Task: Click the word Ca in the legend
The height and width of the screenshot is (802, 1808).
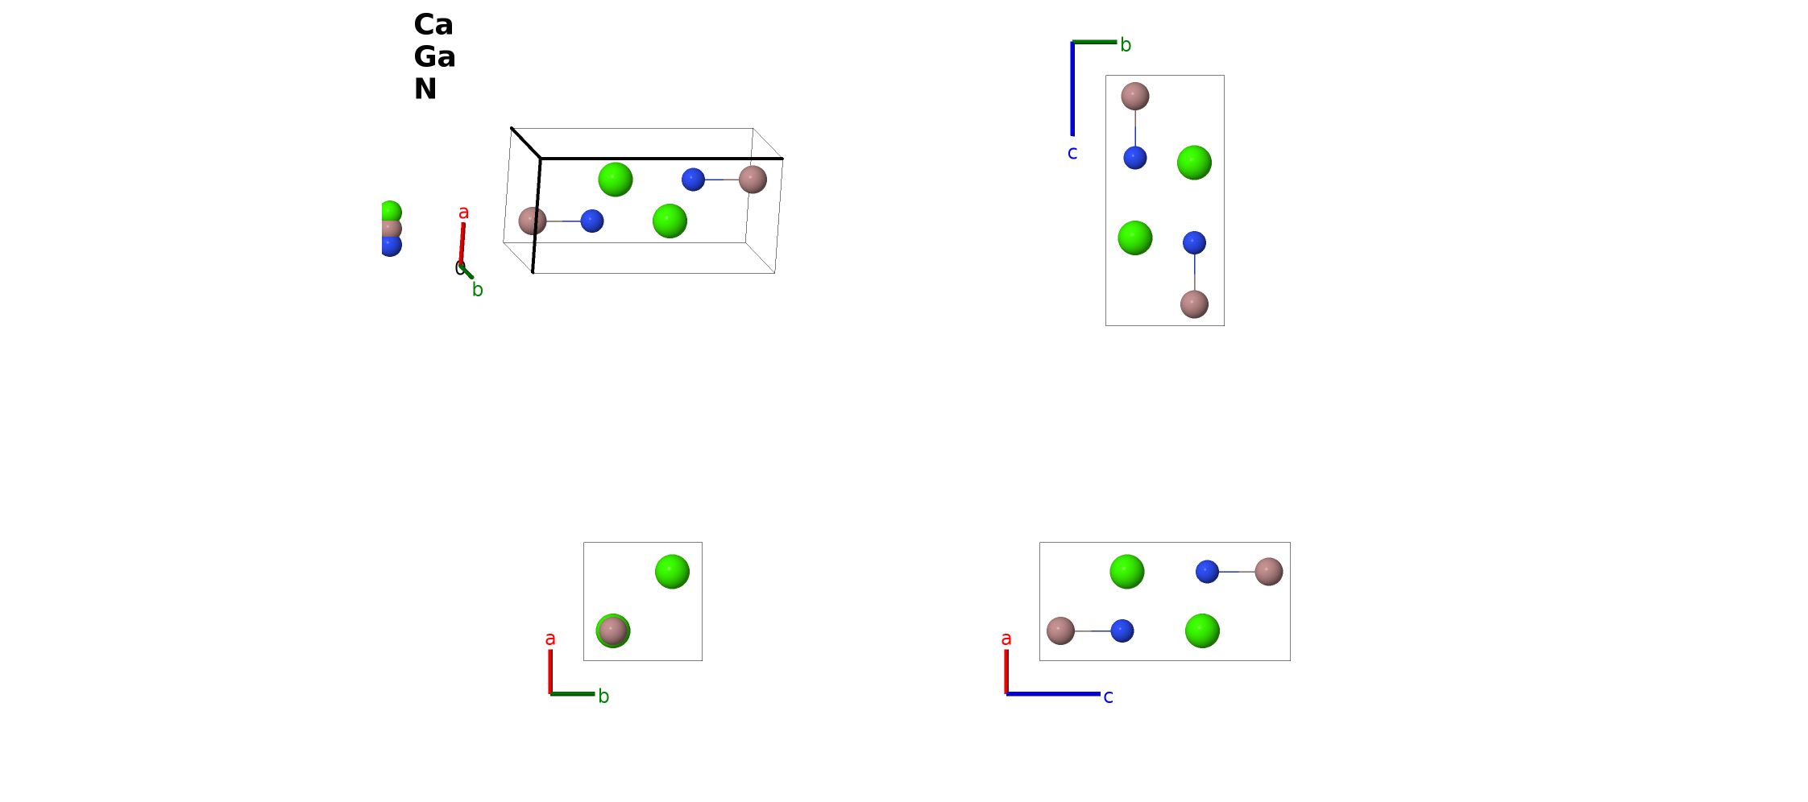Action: (x=433, y=25)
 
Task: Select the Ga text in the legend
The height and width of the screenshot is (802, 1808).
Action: (x=434, y=57)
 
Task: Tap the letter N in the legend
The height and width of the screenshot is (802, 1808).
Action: (x=425, y=89)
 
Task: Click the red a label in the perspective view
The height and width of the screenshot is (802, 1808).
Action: (x=463, y=213)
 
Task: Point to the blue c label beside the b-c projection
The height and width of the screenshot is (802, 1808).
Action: (x=1072, y=153)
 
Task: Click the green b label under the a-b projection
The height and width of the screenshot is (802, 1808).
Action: (x=603, y=697)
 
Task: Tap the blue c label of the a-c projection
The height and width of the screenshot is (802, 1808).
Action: (x=1108, y=697)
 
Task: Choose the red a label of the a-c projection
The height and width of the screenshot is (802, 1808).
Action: (x=1006, y=639)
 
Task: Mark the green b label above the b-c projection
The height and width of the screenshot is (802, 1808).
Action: (x=1126, y=45)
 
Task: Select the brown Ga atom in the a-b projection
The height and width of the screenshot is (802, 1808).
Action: (x=613, y=631)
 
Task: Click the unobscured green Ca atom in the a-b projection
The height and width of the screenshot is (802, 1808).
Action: (x=672, y=572)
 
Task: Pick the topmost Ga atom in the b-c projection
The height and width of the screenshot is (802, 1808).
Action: (x=1135, y=96)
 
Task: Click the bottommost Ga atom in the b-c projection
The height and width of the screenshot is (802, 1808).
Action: (x=1194, y=304)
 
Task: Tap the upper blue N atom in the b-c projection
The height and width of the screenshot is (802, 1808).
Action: (x=1135, y=158)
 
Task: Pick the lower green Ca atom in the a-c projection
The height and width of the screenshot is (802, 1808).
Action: (x=1202, y=630)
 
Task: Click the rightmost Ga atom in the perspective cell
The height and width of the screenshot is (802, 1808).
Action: (x=753, y=180)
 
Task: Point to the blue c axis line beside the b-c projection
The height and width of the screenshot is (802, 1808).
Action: (x=1072, y=89)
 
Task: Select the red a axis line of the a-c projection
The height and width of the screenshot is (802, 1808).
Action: (x=1006, y=672)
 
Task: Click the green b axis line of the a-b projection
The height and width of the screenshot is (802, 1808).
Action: (x=572, y=693)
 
